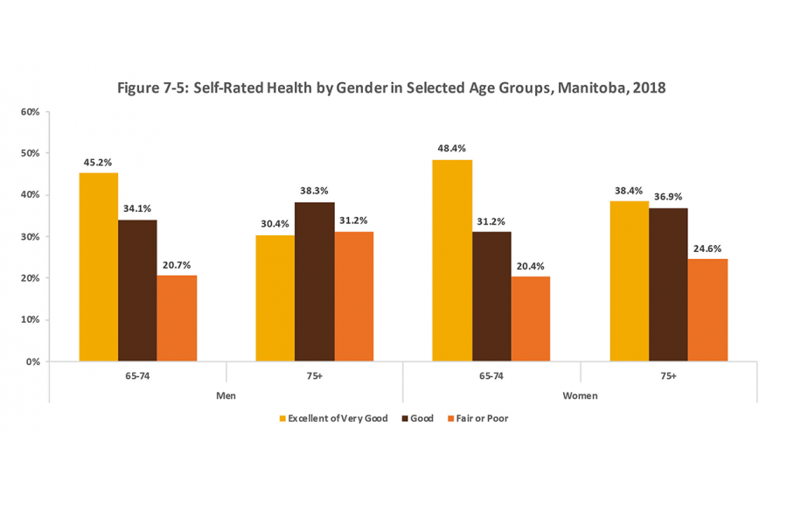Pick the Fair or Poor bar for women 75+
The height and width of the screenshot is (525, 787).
click(707, 310)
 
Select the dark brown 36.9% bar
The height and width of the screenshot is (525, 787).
click(669, 284)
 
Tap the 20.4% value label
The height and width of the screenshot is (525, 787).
click(531, 264)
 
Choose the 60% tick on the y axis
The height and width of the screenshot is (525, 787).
click(31, 112)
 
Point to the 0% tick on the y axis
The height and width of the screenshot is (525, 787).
click(33, 361)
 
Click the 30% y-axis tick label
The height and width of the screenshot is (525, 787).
click(31, 237)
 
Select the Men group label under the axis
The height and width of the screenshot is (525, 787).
click(226, 395)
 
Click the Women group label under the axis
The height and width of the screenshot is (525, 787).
click(580, 395)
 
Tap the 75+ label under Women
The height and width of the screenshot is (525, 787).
click(668, 374)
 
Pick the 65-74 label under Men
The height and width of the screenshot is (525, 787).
click(137, 374)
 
